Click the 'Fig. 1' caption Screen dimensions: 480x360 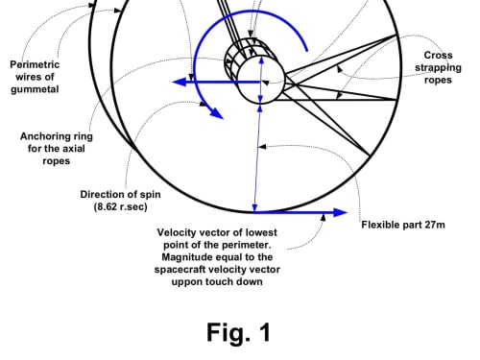pos(239,332)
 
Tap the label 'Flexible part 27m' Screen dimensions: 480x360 pos(403,225)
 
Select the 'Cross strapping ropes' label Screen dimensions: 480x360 pos(438,67)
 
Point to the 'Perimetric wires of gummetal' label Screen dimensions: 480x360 pos(35,77)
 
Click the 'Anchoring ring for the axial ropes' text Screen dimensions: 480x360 pos(57,149)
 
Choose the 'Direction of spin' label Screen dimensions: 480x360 pos(120,194)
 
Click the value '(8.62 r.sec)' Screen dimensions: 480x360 pos(121,206)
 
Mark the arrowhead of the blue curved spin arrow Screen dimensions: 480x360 pos(218,114)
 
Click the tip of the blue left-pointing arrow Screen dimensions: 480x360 pos(173,82)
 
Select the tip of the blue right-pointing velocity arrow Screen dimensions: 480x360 pos(348,212)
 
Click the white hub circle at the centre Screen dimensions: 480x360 pos(260,80)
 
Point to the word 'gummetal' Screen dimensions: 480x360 pos(35,89)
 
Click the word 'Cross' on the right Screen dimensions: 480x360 pos(438,55)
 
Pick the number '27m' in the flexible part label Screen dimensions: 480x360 pos(435,225)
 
